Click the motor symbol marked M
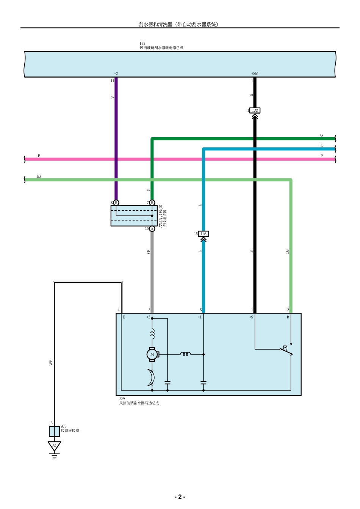pos(152,354)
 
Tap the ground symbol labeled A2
pos(54,446)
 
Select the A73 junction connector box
pos(54,431)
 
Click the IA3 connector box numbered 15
pos(203,234)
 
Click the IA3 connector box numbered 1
pos(255,111)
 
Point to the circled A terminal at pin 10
pos(152,229)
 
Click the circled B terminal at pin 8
pos(116,203)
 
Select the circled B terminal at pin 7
pos(152,203)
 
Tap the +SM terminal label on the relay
pos(255,73)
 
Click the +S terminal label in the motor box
pos(251,317)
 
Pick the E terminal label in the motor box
pos(124,317)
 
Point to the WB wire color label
pos(51,362)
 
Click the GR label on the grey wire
pos(149,251)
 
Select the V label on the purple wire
pos(112,97)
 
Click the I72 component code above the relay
pos(142,44)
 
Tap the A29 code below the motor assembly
pos(122,399)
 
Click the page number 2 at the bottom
pos(180,497)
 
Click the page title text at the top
pos(178,24)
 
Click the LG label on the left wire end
pos(39,176)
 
